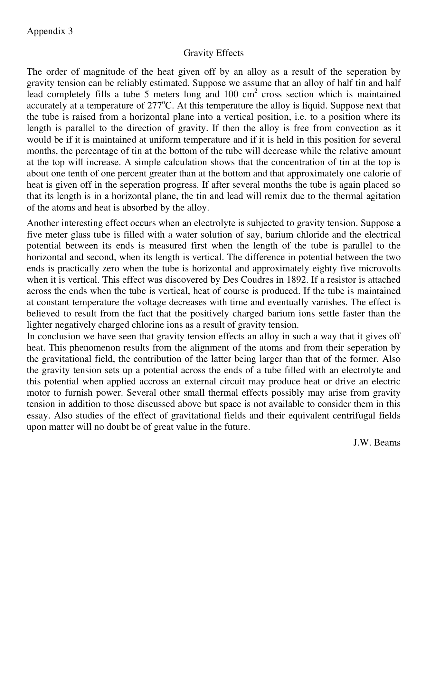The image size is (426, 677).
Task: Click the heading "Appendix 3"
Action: coord(50,31)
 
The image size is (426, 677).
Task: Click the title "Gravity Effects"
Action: coord(213,53)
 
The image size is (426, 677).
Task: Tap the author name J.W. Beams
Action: coord(376,442)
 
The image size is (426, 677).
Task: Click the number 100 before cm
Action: coord(230,94)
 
